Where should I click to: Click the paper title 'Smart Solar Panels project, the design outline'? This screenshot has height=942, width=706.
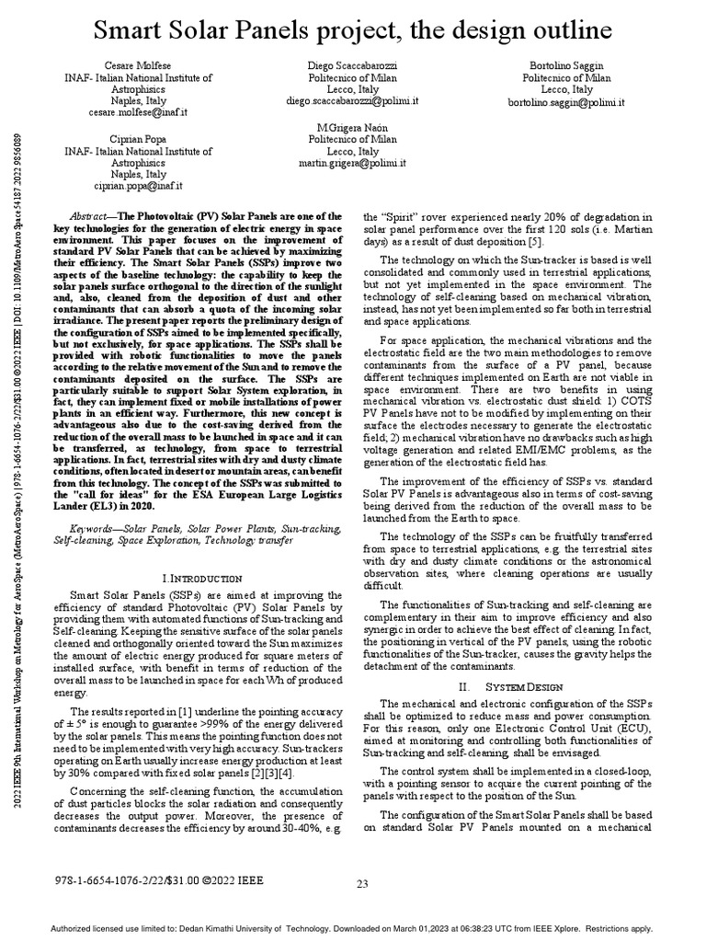point(354,30)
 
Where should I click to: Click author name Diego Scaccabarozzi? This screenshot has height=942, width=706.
point(352,67)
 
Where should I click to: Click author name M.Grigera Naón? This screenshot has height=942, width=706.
point(352,125)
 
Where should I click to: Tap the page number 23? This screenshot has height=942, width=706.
point(362,884)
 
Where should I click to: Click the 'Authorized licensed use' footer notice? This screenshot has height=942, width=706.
point(353,929)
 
